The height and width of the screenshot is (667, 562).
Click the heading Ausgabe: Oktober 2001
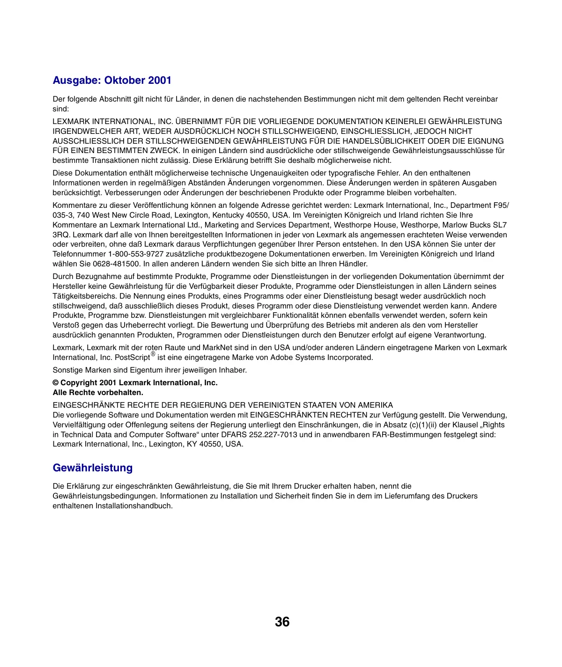pos(112,81)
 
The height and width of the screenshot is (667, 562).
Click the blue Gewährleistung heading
pos(93,468)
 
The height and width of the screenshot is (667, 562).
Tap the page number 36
pos(282,622)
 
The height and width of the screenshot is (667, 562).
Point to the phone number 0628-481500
pos(116,264)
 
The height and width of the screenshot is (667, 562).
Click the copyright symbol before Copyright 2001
pos(56,383)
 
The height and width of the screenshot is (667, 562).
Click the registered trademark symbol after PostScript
pos(153,354)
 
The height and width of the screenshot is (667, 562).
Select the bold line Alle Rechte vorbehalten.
pos(98,393)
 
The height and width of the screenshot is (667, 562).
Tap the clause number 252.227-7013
pos(273,435)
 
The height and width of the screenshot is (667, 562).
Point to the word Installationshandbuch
pos(134,506)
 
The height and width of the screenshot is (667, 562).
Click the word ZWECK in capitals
pos(164,151)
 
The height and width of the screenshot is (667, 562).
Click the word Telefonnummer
pos(79,254)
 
